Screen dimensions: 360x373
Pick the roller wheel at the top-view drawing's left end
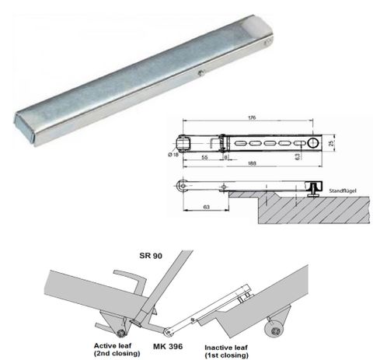(184, 142)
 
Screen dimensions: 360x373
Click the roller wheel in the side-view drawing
(182, 186)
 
